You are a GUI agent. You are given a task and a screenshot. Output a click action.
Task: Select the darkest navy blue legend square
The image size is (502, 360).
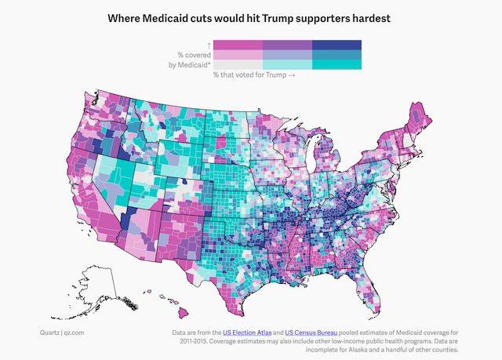click(336, 44)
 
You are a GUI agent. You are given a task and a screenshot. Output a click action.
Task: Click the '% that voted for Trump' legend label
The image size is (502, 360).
click(252, 75)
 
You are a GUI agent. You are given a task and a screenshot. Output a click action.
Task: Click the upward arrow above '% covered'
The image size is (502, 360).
click(208, 44)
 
